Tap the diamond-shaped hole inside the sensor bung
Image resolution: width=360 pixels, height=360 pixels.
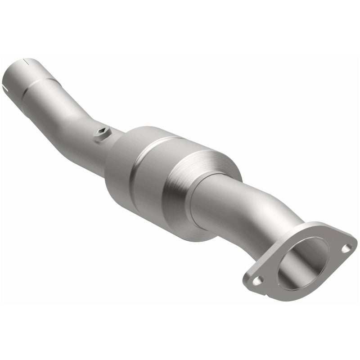pos(102,132)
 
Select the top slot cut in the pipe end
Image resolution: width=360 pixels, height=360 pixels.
pos(29,60)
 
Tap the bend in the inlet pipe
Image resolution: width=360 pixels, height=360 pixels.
pos(81,121)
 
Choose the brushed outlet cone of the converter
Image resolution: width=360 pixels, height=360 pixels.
pos(198,180)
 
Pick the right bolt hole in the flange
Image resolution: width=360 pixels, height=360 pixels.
pos(347,247)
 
